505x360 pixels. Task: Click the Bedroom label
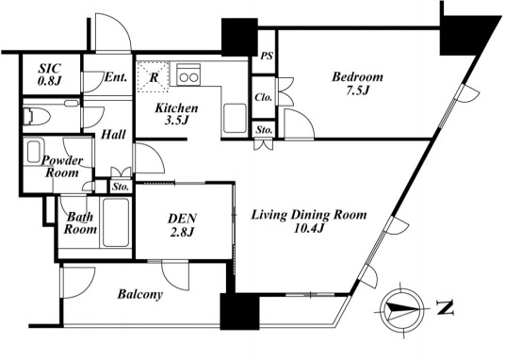[x=357, y=77]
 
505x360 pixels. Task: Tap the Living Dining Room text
[x=309, y=215]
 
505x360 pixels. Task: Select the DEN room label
[x=182, y=219]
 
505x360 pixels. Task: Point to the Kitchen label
[x=176, y=108]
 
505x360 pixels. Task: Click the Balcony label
[x=140, y=294]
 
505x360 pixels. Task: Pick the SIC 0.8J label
[x=50, y=74]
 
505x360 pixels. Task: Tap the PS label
[x=267, y=57]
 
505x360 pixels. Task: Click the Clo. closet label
[x=264, y=97]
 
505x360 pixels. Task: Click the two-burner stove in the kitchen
[x=188, y=74]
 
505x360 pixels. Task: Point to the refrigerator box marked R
[x=153, y=77]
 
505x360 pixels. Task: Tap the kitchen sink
[x=235, y=118]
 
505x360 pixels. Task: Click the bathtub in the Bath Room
[x=116, y=223]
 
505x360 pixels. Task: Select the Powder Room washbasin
[x=34, y=152]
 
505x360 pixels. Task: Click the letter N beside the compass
[x=446, y=308]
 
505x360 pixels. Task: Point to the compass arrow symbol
[x=402, y=310]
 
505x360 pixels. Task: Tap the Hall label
[x=113, y=135]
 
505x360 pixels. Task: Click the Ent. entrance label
[x=116, y=77]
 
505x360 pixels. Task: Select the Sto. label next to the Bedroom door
[x=265, y=130]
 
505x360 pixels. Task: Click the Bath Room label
[x=80, y=223]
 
